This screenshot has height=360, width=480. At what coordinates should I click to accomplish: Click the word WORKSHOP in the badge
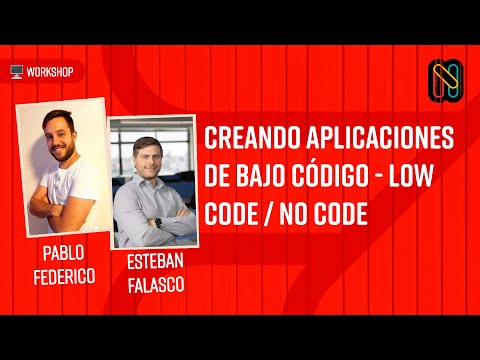tap(49, 72)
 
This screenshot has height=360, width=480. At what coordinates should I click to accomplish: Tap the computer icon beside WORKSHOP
tap(16, 72)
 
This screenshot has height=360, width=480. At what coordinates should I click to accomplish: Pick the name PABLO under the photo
tap(65, 250)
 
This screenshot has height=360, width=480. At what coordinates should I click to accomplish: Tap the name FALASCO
tap(156, 287)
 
